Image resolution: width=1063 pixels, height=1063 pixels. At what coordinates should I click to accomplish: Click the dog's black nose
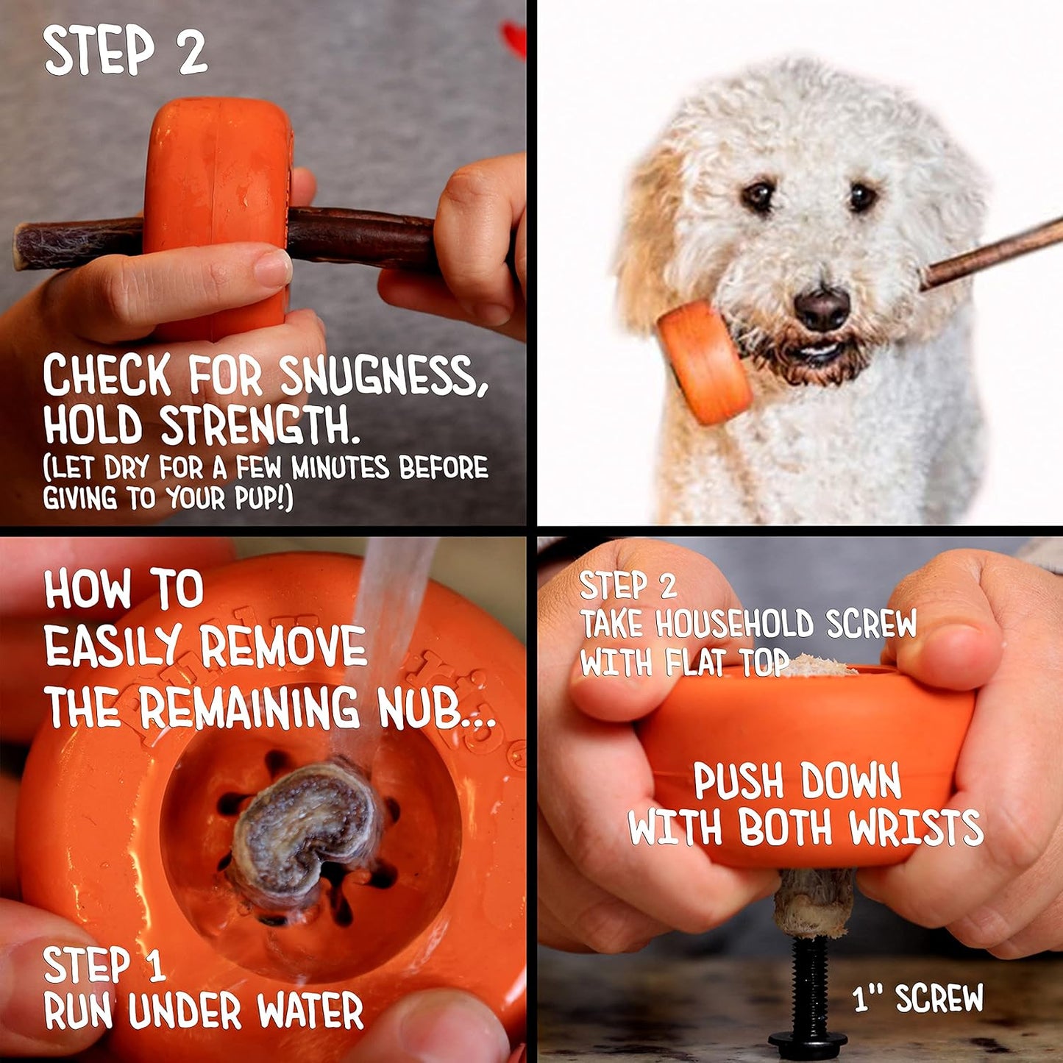tap(822, 307)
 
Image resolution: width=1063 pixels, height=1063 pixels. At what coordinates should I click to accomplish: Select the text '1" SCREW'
tap(917, 998)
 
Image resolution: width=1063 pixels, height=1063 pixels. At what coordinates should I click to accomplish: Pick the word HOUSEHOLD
tap(734, 625)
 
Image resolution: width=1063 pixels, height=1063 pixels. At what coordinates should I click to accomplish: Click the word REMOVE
tap(283, 647)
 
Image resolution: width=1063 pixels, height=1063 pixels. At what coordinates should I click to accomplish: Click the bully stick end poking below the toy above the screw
tap(814, 901)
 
